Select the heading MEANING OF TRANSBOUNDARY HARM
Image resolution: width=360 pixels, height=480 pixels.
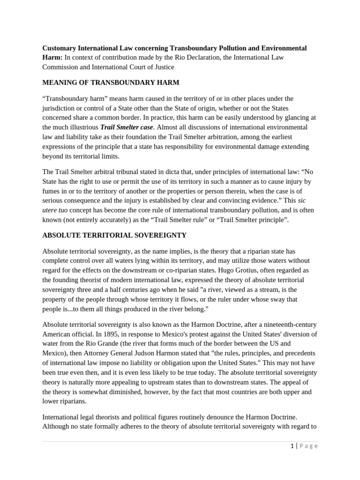(x=111, y=82)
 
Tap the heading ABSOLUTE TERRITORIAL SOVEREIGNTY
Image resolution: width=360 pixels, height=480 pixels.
(x=114, y=235)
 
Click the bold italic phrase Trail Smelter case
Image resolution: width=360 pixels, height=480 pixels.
(x=127, y=127)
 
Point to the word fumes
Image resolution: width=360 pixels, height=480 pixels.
(x=52, y=191)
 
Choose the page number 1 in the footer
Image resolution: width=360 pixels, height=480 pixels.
(x=292, y=446)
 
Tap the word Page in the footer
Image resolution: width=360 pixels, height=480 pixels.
(x=308, y=446)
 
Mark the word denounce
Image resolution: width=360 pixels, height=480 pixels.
(x=236, y=416)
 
